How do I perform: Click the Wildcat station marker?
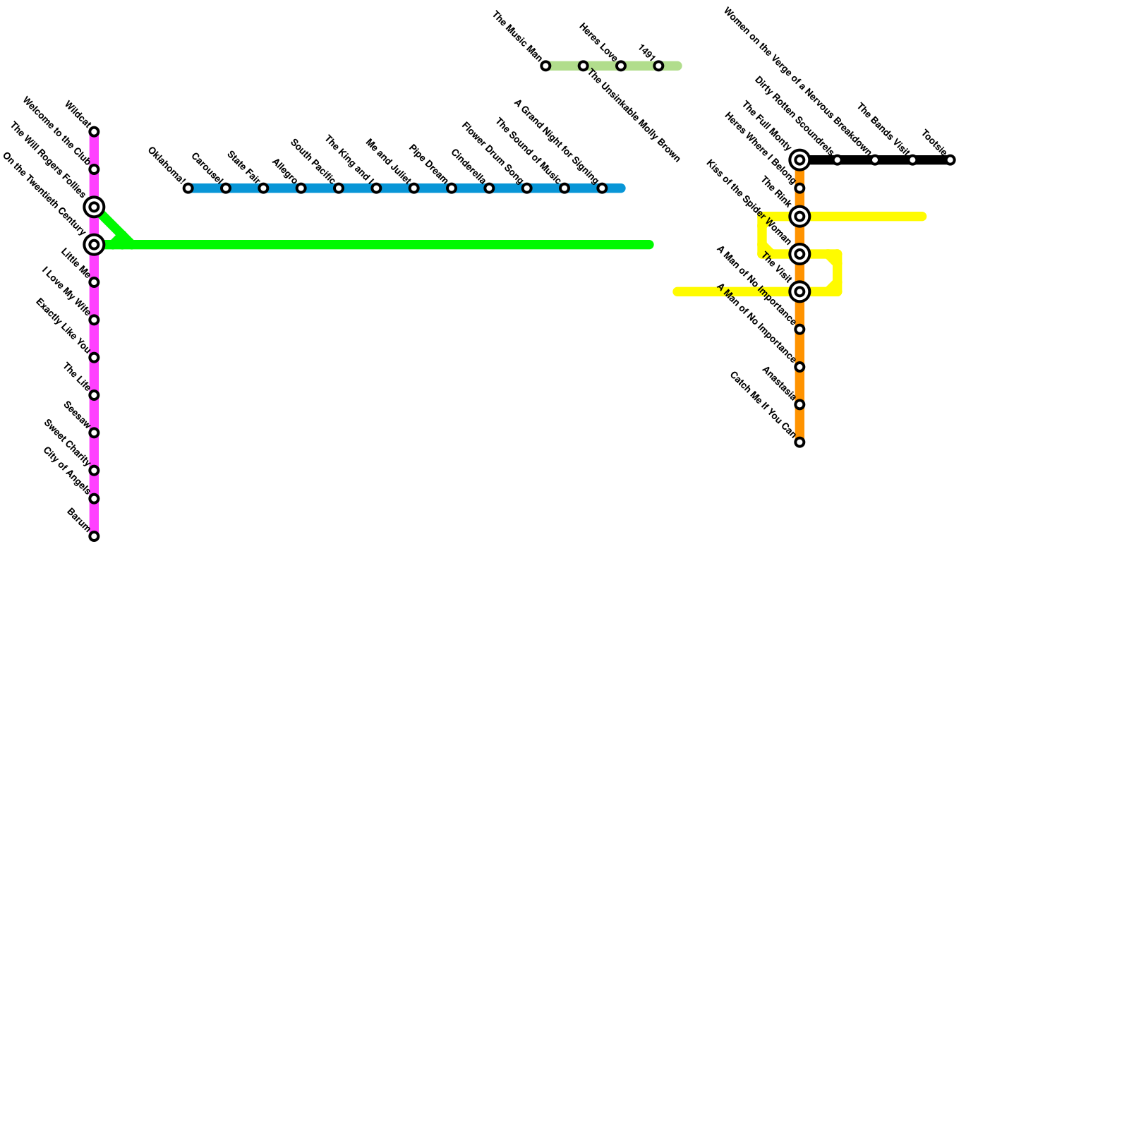[x=94, y=132]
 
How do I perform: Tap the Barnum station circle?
[x=94, y=536]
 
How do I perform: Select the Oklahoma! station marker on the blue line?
[x=188, y=188]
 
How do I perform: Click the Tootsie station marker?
[x=950, y=160]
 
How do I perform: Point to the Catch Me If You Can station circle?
[x=799, y=442]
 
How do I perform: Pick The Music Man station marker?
[x=545, y=66]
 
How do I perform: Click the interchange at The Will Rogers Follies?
[x=94, y=207]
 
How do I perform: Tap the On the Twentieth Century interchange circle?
[x=94, y=245]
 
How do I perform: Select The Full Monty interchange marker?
[x=799, y=160]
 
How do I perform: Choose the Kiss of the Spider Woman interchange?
[x=799, y=254]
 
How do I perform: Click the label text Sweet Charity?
[x=66, y=443]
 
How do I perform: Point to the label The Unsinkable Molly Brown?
[x=634, y=116]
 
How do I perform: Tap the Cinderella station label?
[x=467, y=167]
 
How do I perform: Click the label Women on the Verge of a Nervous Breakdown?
[x=797, y=81]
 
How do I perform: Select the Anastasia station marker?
[x=799, y=404]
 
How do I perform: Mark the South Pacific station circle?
[x=339, y=188]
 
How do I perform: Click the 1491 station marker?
[x=658, y=66]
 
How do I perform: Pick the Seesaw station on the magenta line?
[x=94, y=433]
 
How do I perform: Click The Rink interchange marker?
[x=799, y=217]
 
